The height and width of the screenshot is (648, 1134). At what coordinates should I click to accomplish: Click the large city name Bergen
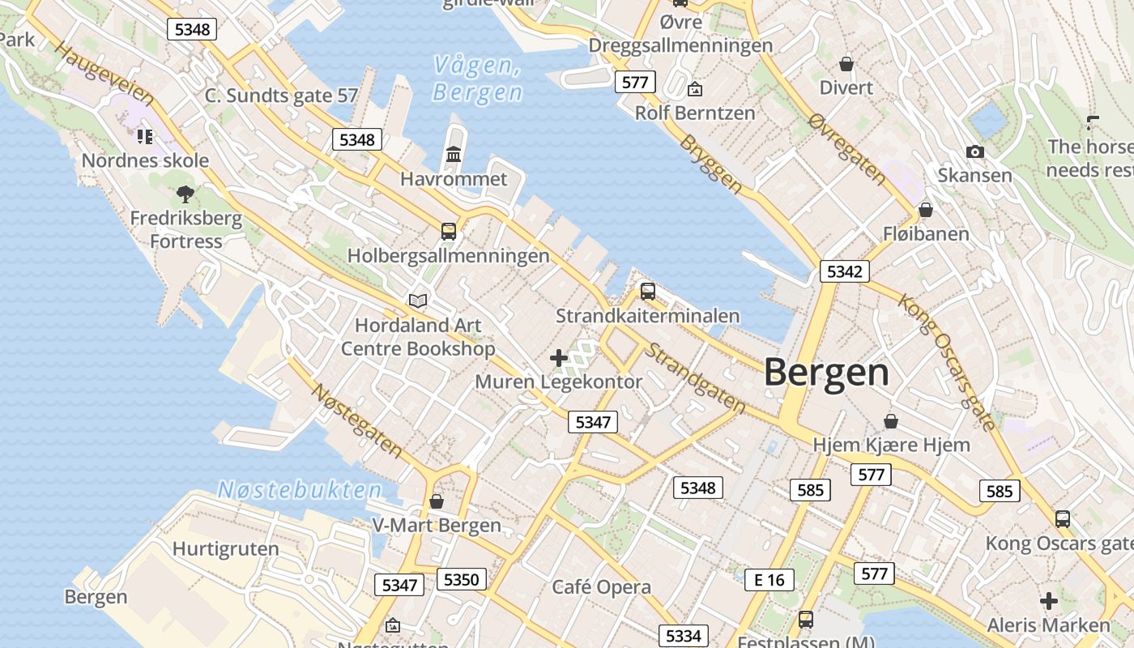[826, 373]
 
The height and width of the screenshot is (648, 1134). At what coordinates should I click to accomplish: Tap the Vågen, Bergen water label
[477, 79]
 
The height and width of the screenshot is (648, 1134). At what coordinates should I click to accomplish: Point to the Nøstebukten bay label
[300, 489]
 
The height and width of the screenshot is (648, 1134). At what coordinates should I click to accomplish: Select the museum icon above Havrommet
[454, 154]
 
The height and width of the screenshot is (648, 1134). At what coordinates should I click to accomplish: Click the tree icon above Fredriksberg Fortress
[185, 194]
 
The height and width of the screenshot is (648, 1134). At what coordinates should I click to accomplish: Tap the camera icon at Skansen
[975, 151]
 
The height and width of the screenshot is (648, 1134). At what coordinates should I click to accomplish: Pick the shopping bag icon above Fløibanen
[925, 211]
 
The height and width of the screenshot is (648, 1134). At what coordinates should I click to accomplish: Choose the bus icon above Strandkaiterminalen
[647, 292]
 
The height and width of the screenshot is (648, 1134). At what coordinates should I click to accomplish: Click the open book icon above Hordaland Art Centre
[418, 301]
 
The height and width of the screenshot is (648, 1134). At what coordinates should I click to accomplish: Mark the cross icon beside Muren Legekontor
[559, 358]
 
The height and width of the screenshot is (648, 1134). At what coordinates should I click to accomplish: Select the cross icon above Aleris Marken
[1049, 601]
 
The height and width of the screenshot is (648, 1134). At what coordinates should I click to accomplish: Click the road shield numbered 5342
[844, 271]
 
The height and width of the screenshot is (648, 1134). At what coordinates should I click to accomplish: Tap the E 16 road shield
[769, 579]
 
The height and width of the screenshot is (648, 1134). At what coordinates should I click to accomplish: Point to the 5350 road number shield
[462, 579]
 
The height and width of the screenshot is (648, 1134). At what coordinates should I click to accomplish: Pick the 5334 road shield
[683, 636]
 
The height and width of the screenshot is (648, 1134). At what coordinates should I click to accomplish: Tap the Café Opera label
[601, 587]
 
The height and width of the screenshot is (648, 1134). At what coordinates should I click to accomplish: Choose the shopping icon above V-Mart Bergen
[437, 501]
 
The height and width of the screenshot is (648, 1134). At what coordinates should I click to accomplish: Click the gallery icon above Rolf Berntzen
[694, 89]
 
